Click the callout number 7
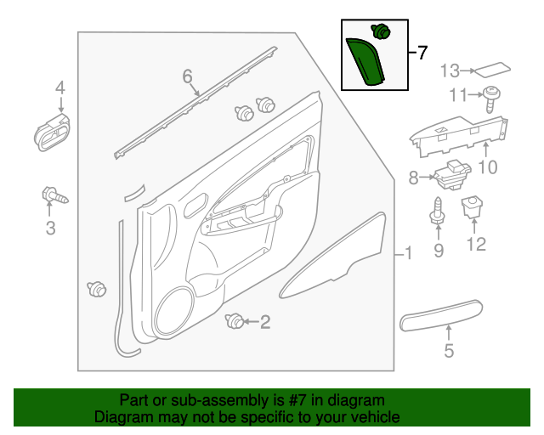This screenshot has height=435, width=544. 423,53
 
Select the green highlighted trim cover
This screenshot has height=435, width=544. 364,61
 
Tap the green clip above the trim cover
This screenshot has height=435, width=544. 382,32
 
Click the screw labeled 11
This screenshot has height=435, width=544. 491,97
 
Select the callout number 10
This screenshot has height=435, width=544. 486,167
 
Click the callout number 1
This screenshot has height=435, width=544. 407,253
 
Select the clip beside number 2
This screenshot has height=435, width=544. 231,320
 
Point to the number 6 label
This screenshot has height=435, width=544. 188,77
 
